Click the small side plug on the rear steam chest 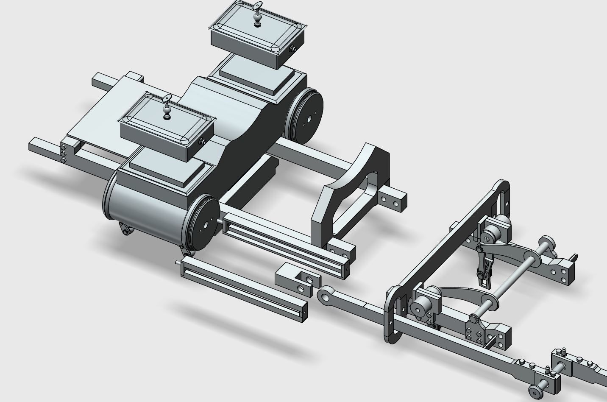292,50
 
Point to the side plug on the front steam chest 203,142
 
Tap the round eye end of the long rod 326,296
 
